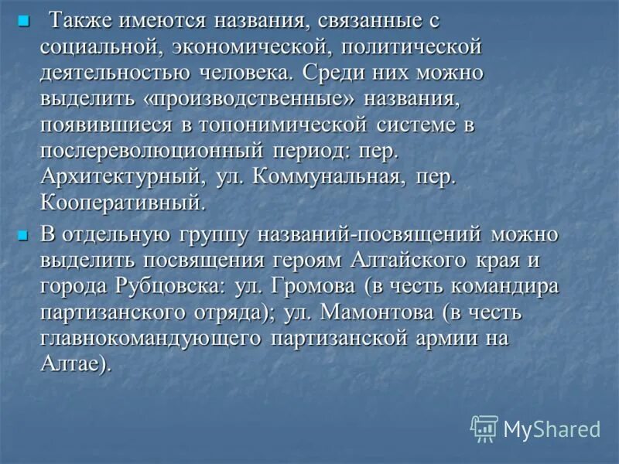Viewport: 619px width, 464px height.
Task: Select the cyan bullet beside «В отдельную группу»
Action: tap(22, 233)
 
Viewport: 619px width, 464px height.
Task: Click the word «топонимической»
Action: tap(291, 125)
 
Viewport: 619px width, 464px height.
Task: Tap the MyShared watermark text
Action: tap(551, 428)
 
